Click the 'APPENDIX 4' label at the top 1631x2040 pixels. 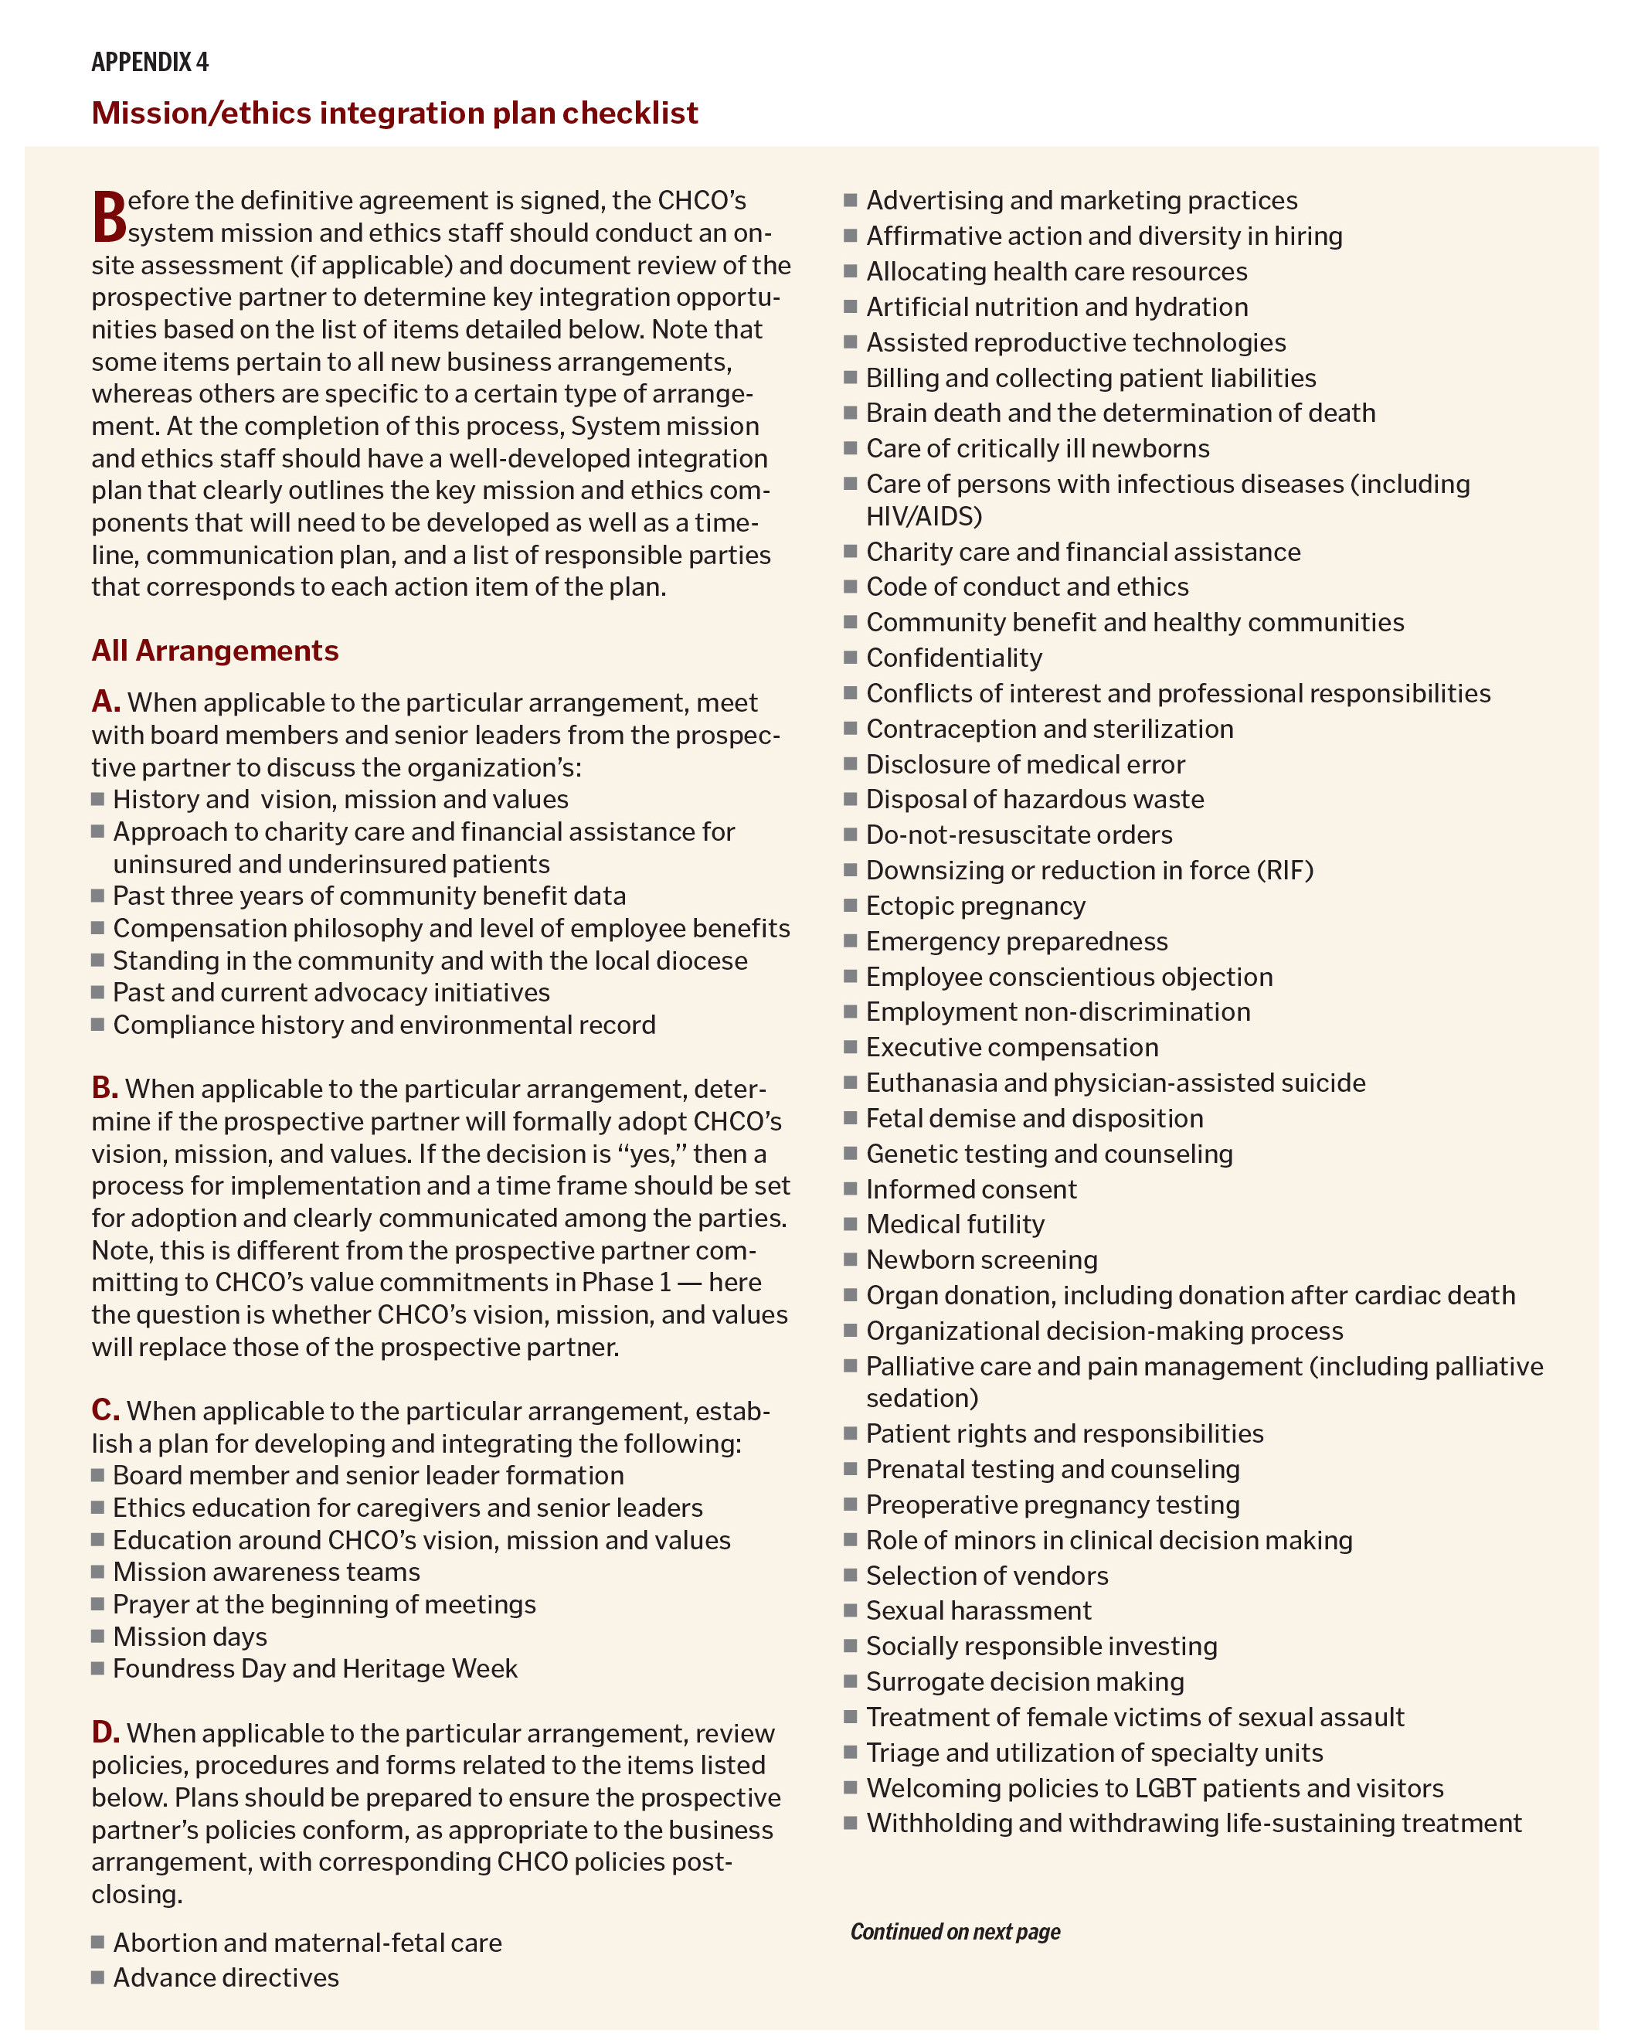pos(149,63)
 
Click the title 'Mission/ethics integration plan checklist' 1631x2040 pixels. pos(395,113)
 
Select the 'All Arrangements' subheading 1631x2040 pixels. pos(215,650)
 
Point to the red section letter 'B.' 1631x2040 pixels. pos(105,1088)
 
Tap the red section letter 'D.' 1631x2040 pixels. pos(106,1732)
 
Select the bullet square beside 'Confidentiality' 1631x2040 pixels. pos(851,657)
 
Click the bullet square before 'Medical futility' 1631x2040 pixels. pos(851,1223)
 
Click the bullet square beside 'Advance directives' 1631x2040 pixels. pos(97,1977)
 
